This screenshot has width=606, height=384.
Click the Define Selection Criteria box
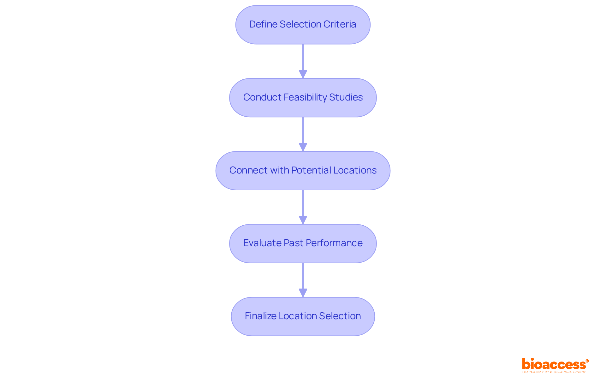[x=303, y=25]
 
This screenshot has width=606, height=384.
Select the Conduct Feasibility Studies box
[x=303, y=98]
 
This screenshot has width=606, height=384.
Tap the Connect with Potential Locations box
[x=303, y=171]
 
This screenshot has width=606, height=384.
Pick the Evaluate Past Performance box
[x=303, y=243]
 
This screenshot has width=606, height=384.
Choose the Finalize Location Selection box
[x=303, y=316]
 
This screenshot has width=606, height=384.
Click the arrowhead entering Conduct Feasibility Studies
[x=303, y=74]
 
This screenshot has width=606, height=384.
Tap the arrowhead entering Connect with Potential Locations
[x=303, y=147]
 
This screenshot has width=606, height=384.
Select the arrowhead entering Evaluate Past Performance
[x=303, y=220]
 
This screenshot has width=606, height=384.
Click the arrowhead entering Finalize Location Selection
[x=303, y=293]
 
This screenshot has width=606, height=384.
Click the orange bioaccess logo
[x=554, y=364]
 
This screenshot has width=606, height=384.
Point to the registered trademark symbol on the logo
[x=587, y=361]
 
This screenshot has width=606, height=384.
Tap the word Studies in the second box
[x=346, y=97]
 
